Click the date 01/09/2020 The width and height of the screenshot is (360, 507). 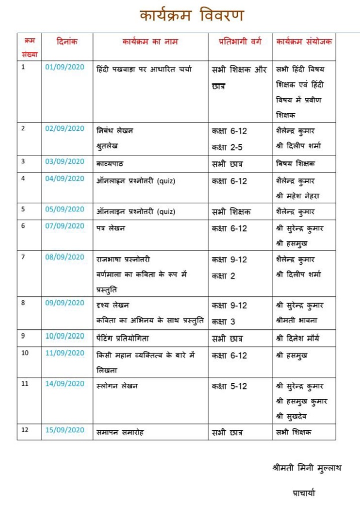pos(65,68)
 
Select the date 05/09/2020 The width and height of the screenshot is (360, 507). pos(65,209)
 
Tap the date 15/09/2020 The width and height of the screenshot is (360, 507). pos(65,430)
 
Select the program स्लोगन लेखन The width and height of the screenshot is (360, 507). pos(117,386)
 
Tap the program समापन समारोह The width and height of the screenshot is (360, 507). pos(120,432)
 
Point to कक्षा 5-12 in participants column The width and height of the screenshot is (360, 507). pos(229,386)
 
